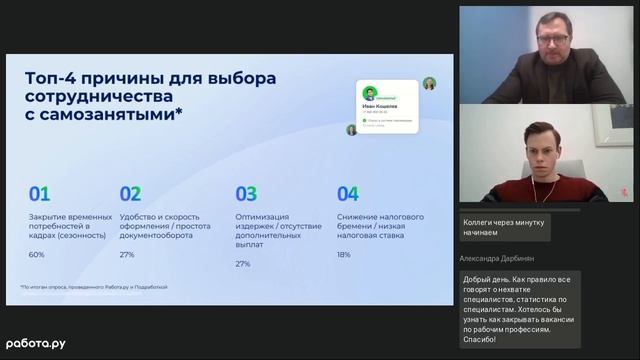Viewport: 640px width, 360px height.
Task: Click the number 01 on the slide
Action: pyautogui.click(x=39, y=194)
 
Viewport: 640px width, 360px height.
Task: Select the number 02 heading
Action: pyautogui.click(x=130, y=194)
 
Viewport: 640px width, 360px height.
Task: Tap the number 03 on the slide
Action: pyautogui.click(x=246, y=194)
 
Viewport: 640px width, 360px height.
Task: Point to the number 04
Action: pyautogui.click(x=347, y=194)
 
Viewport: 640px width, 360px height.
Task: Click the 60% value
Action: pyautogui.click(x=36, y=254)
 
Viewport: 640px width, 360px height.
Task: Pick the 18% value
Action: pyautogui.click(x=343, y=254)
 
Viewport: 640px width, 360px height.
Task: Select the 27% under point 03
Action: pyautogui.click(x=243, y=264)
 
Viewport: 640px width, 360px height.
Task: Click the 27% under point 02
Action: pyautogui.click(x=127, y=254)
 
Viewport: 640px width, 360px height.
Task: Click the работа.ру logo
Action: pyautogui.click(x=35, y=343)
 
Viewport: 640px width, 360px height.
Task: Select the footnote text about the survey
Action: pyautogui.click(x=94, y=287)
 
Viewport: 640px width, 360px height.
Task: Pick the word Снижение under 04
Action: pyautogui.click(x=357, y=216)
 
